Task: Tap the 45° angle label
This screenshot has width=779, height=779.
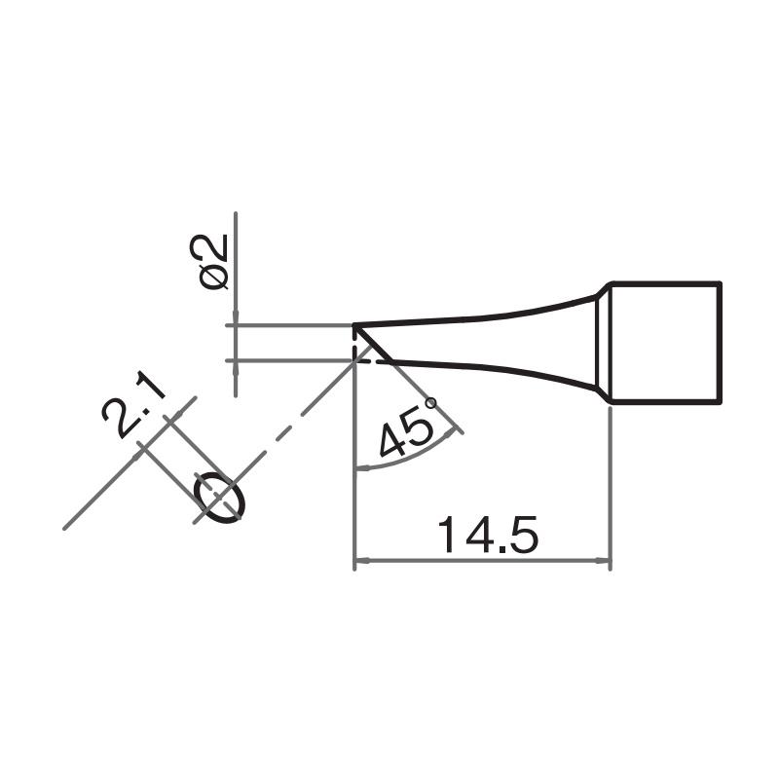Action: click(x=407, y=429)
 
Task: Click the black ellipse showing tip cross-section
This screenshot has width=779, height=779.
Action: click(x=221, y=496)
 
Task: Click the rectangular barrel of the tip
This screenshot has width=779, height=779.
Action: click(x=666, y=342)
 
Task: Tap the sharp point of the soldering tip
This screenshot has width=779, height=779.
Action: click(x=353, y=325)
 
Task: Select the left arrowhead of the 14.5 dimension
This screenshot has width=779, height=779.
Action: click(x=361, y=561)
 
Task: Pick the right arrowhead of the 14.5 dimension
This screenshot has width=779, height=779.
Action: click(x=602, y=561)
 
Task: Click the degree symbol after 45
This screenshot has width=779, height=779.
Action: click(x=430, y=402)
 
